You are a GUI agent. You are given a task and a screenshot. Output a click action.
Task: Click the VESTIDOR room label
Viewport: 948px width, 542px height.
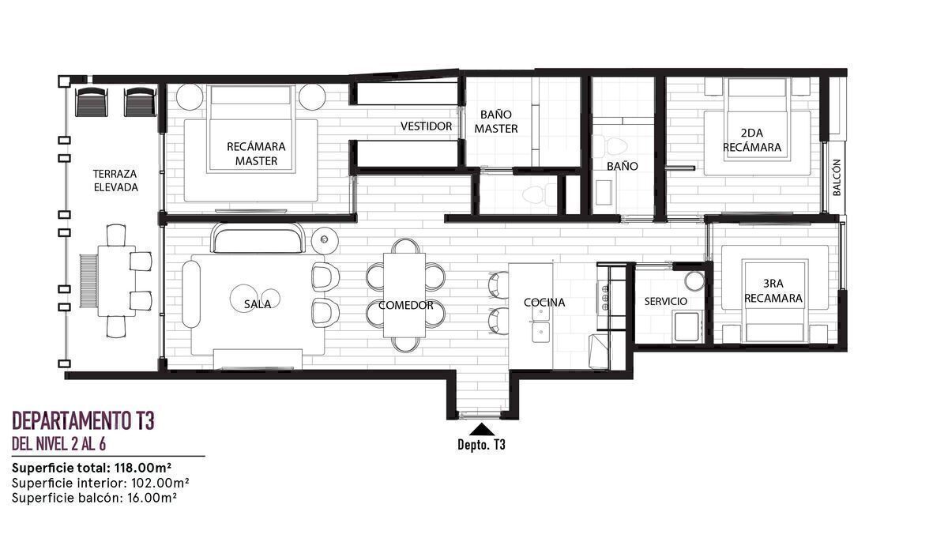pyautogui.click(x=426, y=126)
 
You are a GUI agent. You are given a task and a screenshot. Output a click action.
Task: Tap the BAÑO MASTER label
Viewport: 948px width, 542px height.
pyautogui.click(x=496, y=122)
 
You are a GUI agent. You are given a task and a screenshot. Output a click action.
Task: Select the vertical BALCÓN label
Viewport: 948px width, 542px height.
pyautogui.click(x=837, y=177)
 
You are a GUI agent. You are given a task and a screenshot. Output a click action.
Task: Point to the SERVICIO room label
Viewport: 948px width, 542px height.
pyautogui.click(x=666, y=301)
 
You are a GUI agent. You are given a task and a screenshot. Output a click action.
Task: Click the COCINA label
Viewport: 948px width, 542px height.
pyautogui.click(x=544, y=303)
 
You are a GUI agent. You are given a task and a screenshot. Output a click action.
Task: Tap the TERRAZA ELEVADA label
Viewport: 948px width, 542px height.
pyautogui.click(x=115, y=181)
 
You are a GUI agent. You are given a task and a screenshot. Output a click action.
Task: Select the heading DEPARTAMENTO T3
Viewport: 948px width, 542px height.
pyautogui.click(x=84, y=420)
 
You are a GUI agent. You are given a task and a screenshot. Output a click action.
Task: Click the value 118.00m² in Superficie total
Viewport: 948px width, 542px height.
pyautogui.click(x=143, y=469)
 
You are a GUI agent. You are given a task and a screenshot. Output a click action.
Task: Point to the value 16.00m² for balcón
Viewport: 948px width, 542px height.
pyautogui.click(x=152, y=498)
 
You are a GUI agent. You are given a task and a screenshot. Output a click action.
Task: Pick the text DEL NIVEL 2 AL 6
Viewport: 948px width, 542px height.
pyautogui.click(x=58, y=444)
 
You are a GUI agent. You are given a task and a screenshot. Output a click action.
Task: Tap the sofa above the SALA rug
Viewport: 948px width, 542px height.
pyautogui.click(x=258, y=238)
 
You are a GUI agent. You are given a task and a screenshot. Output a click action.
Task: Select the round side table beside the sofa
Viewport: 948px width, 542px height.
pyautogui.click(x=325, y=240)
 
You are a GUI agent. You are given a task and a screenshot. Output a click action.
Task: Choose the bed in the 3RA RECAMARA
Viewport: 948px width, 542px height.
pyautogui.click(x=774, y=302)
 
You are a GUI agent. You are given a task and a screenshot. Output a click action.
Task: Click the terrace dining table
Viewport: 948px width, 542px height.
pyautogui.click(x=117, y=280)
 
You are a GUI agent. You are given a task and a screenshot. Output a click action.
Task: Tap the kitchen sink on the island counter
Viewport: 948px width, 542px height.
pyautogui.click(x=540, y=324)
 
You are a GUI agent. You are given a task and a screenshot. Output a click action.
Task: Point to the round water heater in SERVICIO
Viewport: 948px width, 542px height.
pyautogui.click(x=694, y=280)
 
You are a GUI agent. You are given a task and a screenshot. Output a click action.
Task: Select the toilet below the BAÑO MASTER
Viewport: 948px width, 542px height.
pyautogui.click(x=540, y=194)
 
